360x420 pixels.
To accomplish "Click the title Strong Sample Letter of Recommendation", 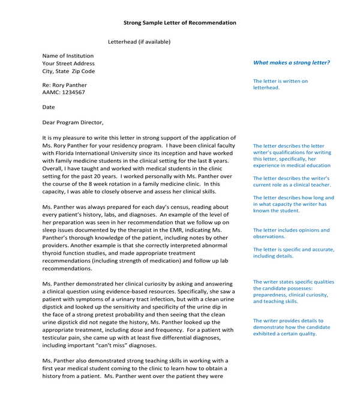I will click(x=179, y=23).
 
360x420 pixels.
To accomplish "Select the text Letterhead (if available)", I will click(x=139, y=42).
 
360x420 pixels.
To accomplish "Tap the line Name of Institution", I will click(x=67, y=56).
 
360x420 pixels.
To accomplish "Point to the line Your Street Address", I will click(x=68, y=64).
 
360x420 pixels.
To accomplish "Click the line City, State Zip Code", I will click(x=68, y=71).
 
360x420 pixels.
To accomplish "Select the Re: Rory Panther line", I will click(x=64, y=85).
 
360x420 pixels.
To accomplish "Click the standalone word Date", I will click(x=48, y=107).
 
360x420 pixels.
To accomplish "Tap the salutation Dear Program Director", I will click(x=73, y=122).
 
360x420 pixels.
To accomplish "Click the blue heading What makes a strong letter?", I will click(x=291, y=63).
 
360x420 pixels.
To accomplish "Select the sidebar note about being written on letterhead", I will click(x=280, y=84).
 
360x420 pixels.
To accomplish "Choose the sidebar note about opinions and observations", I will click(x=291, y=233).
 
